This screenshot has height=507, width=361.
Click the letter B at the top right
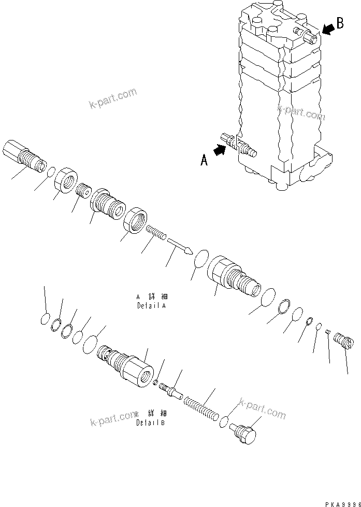pyautogui.click(x=340, y=23)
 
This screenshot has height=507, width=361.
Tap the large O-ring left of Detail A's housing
pyautogui.click(x=201, y=258)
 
